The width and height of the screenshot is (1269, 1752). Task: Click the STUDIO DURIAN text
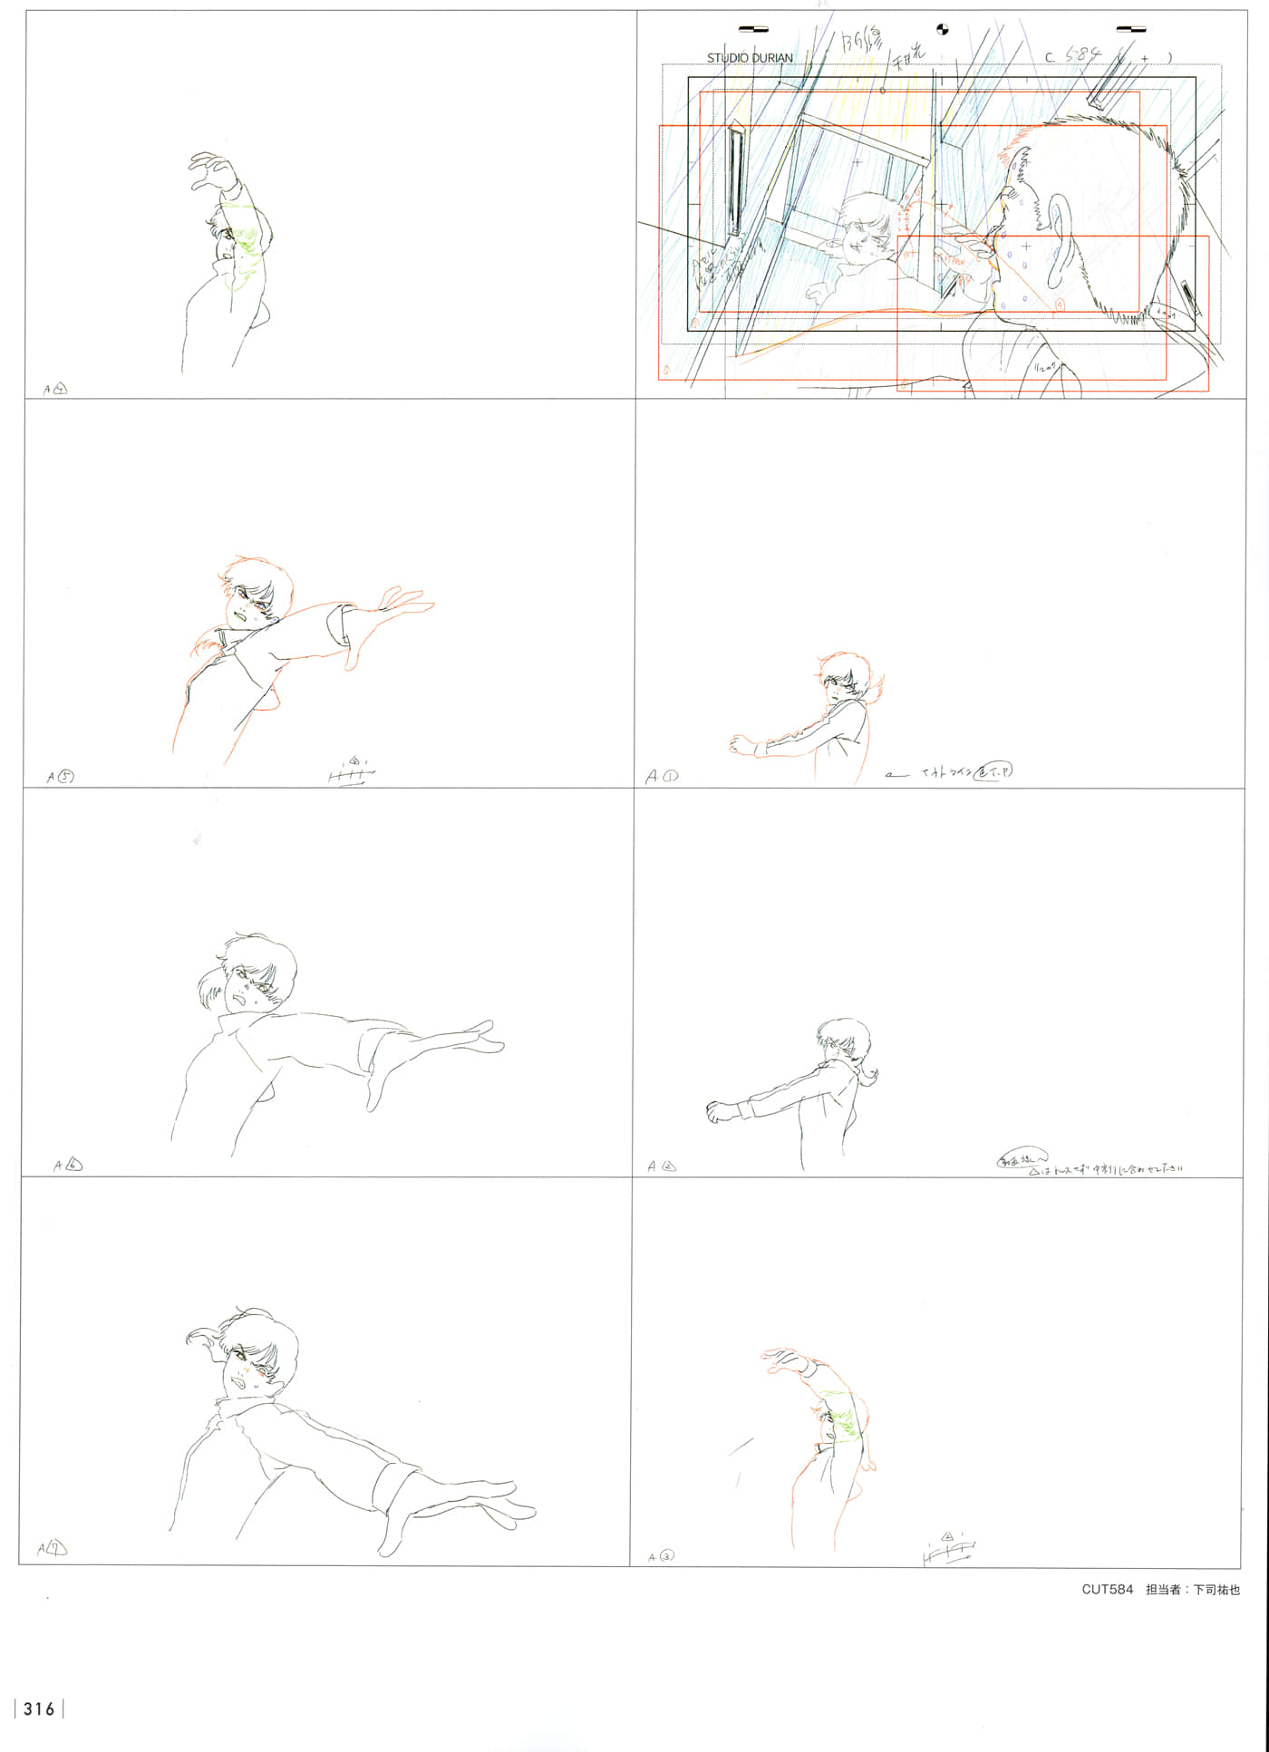(x=749, y=58)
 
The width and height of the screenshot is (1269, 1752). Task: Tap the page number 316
(x=39, y=1709)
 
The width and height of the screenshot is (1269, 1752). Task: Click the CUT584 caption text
(x=1107, y=1589)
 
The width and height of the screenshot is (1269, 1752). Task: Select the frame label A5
(x=61, y=777)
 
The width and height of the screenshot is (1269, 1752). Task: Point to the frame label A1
(x=662, y=776)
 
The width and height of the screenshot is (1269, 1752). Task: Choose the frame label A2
(x=662, y=1166)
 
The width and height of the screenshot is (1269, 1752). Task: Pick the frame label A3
(x=662, y=1556)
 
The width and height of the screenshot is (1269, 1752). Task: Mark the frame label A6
(x=68, y=1165)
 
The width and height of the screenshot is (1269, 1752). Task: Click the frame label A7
(x=53, y=1549)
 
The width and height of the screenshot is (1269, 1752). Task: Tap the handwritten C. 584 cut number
(x=1073, y=55)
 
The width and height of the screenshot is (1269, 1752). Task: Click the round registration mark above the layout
(x=943, y=29)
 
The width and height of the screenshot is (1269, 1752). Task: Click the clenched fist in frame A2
(x=719, y=1112)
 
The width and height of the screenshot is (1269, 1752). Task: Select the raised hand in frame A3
(x=783, y=1358)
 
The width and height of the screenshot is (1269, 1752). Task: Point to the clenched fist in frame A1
(x=742, y=745)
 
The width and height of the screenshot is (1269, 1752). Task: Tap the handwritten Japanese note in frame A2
(x=1092, y=1166)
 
